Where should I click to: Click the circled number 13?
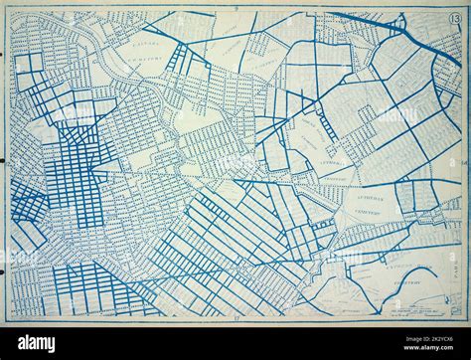click(453, 20)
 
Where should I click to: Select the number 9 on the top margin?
click(236, 7)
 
